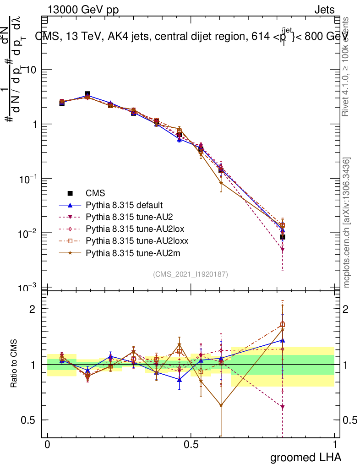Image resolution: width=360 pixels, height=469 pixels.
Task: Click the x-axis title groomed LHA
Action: point(305,457)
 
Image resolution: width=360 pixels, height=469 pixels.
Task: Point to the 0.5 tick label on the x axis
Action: point(191,444)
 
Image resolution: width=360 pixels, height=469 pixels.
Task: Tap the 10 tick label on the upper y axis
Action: point(33,70)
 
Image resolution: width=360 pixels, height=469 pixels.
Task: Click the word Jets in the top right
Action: point(324,10)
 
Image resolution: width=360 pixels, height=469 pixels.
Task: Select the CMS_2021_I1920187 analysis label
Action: point(191,274)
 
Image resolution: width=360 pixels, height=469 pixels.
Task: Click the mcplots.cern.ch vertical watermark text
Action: point(347,223)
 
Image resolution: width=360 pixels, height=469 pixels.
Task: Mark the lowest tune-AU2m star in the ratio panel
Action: point(221,405)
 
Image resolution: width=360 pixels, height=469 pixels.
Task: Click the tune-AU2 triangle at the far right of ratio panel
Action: point(283,407)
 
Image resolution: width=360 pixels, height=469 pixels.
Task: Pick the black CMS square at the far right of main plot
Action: point(283,237)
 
